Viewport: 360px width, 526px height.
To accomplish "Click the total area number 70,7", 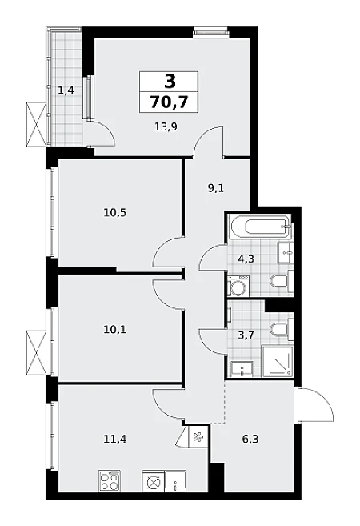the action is coord(169,102).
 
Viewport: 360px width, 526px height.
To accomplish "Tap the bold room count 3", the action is coord(170,81).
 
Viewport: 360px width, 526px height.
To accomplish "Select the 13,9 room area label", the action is coord(166,126).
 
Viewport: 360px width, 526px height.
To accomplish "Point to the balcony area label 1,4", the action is coord(66,90).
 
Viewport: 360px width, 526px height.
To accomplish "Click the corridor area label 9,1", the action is coord(216,188).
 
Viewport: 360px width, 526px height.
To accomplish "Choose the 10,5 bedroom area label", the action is coord(115,212).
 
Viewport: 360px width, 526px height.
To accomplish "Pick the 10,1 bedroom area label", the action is coord(114,330).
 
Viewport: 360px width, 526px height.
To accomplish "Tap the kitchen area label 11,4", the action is coord(115,439).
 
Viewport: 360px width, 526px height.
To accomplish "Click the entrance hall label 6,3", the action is coord(250,439).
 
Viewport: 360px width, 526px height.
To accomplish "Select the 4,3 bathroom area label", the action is coord(246,259).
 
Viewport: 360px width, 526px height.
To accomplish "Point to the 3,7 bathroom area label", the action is coord(246,335).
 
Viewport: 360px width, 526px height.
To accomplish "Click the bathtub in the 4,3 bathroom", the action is coord(260,227).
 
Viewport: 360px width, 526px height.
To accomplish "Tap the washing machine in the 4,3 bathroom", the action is coord(238,286).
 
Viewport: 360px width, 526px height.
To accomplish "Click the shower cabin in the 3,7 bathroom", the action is coord(278,362).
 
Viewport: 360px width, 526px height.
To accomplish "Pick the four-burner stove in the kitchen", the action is coord(110,480).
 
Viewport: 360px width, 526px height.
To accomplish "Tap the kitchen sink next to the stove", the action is coord(175,480).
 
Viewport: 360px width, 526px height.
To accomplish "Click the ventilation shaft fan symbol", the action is coord(198,437).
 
